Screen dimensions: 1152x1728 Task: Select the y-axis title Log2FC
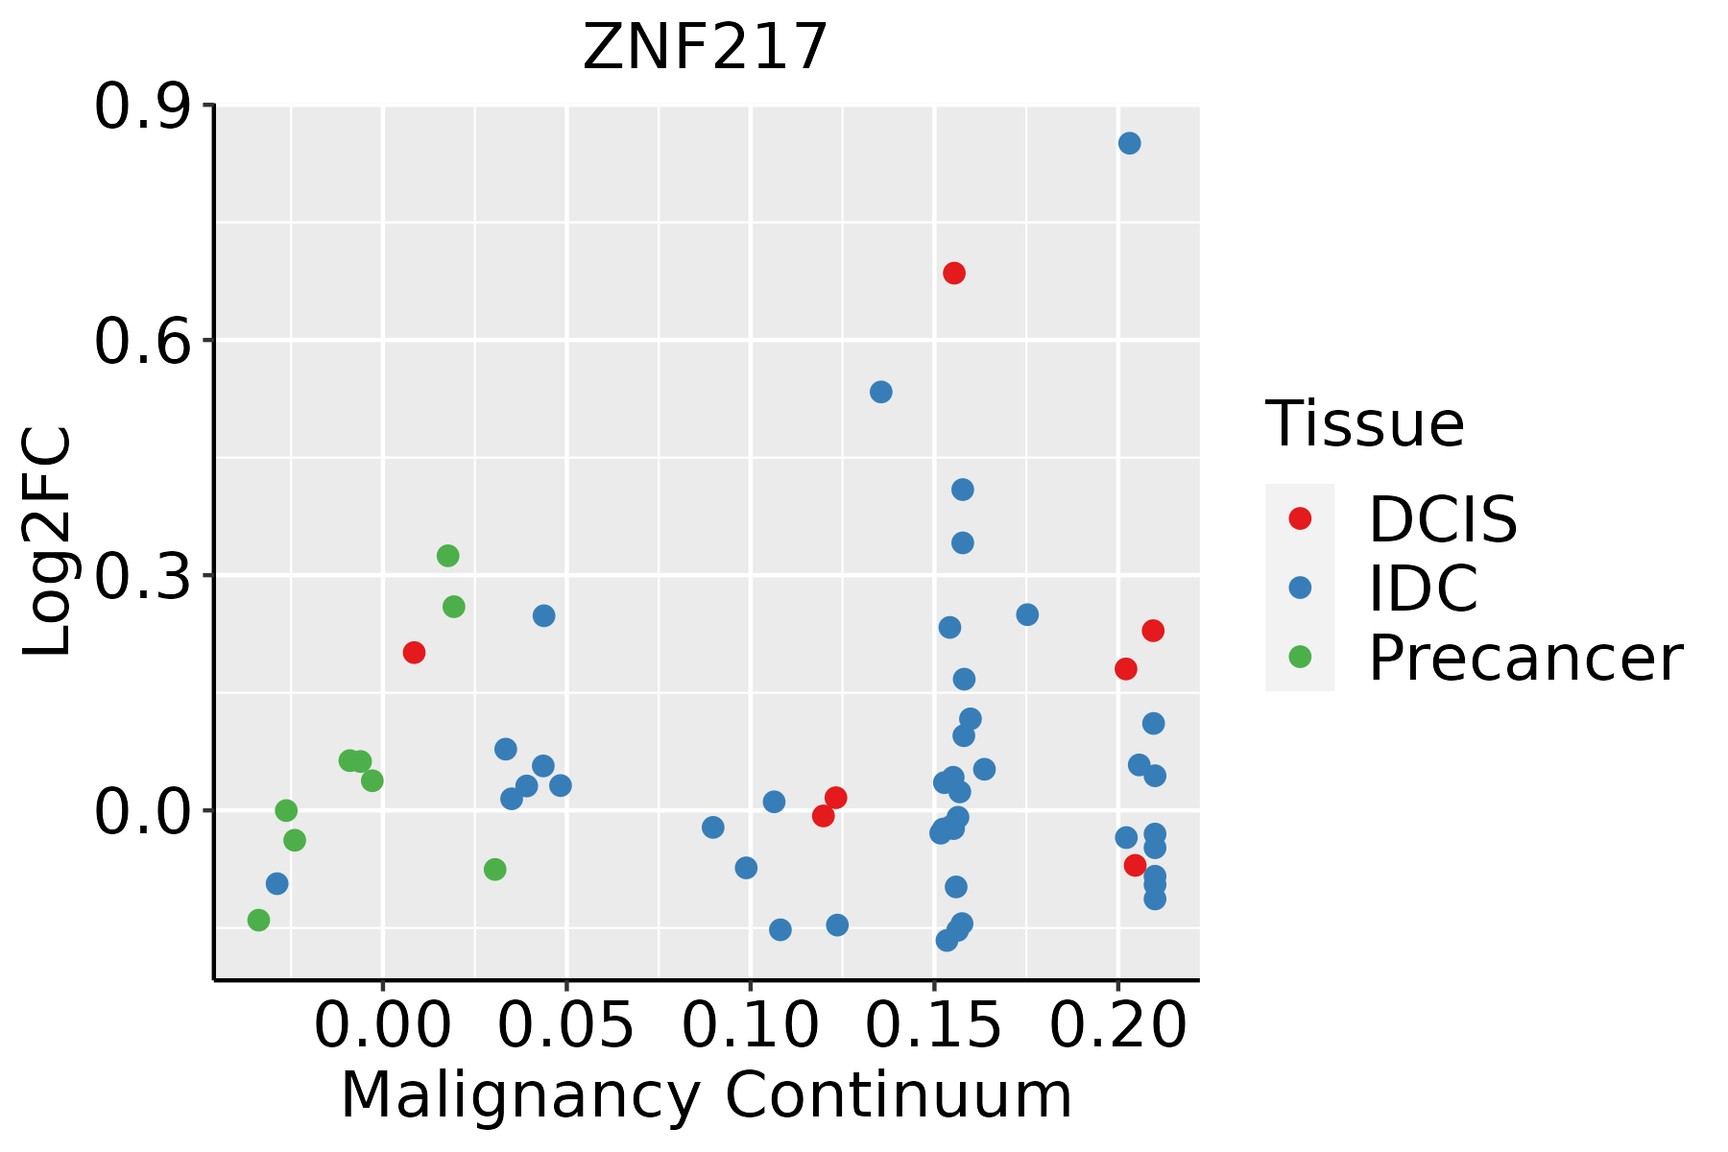(48, 542)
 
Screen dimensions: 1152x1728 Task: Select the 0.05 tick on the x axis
(567, 1026)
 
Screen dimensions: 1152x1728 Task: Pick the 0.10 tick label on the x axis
(751, 1026)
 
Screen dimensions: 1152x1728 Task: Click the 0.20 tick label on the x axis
(1117, 1026)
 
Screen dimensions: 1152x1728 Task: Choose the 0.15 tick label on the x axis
(934, 1026)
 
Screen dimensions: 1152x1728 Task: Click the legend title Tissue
(1364, 423)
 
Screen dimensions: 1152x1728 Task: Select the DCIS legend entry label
(1442, 519)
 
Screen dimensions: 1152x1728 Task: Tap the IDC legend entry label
(1423, 588)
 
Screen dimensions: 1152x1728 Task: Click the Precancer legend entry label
(1524, 659)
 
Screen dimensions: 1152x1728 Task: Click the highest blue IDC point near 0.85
(1129, 143)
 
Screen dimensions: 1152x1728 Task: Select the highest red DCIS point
(953, 274)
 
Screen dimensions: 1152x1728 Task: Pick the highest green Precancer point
(447, 556)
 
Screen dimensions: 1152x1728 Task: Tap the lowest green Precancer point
(258, 920)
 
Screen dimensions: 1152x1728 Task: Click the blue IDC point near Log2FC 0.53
(880, 392)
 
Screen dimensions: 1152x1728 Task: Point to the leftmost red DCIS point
(414, 653)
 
